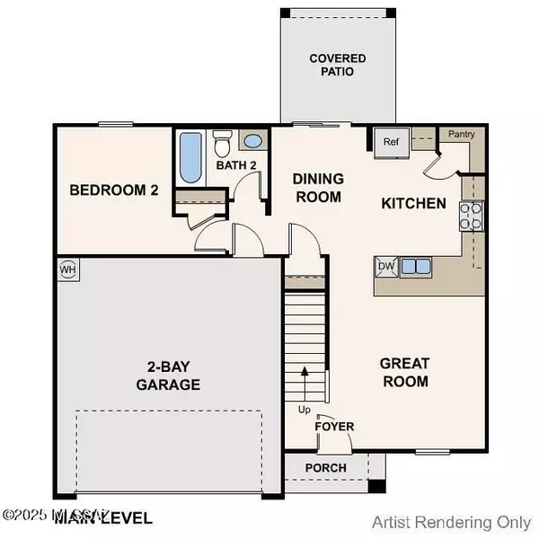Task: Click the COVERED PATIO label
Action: point(331,65)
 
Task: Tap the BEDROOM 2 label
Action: point(115,190)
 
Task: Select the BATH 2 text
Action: point(236,165)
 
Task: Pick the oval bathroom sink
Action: point(252,141)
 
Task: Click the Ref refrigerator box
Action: point(392,142)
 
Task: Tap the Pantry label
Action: point(462,134)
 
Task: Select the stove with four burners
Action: point(470,216)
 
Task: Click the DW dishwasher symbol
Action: point(386,266)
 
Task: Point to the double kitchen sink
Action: point(415,266)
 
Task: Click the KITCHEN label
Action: point(413,204)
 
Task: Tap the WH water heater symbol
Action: point(68,269)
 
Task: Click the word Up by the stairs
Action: point(305,410)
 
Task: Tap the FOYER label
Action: point(334,426)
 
